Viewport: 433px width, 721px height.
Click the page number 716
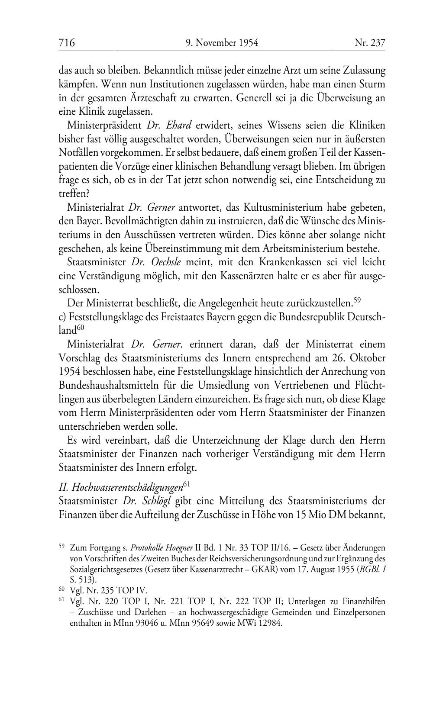67,43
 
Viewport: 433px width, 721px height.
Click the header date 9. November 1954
222,43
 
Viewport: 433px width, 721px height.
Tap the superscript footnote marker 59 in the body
357,299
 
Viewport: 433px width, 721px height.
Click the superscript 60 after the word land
81,328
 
